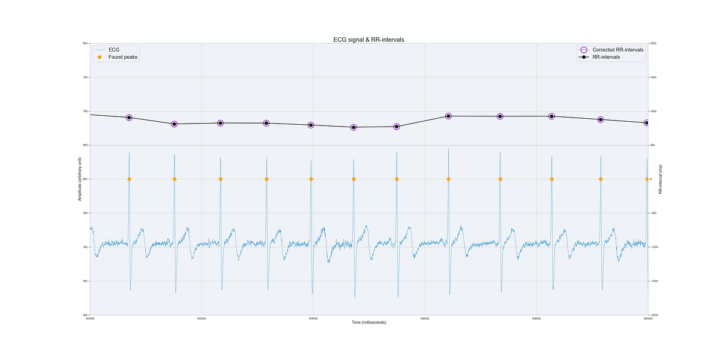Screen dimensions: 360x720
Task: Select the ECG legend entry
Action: click(x=114, y=50)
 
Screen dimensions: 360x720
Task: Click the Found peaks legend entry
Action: click(x=123, y=57)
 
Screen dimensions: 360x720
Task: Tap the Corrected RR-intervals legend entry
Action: click(x=618, y=50)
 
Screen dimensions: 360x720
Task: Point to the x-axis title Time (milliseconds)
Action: click(x=369, y=323)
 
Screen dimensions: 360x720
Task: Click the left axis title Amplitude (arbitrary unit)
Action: click(x=80, y=179)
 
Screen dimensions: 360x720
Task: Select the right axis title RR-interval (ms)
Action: click(x=660, y=179)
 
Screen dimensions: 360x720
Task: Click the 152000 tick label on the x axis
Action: click(x=202, y=318)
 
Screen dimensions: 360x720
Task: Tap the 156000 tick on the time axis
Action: click(x=425, y=318)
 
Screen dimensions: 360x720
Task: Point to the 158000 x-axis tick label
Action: click(x=536, y=318)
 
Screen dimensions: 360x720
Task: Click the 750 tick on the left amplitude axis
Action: click(x=85, y=77)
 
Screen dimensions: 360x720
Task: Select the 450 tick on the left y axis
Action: click(x=85, y=281)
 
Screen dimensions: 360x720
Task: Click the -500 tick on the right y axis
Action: click(x=654, y=213)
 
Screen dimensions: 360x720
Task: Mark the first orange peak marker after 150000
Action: click(x=129, y=179)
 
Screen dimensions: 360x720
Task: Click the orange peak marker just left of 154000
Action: click(x=311, y=179)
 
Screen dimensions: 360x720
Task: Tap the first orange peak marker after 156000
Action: click(x=448, y=179)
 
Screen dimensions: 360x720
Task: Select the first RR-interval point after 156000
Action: click(x=448, y=116)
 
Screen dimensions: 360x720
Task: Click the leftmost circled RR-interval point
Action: click(x=129, y=118)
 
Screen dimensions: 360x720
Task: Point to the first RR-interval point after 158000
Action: click(x=551, y=116)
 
